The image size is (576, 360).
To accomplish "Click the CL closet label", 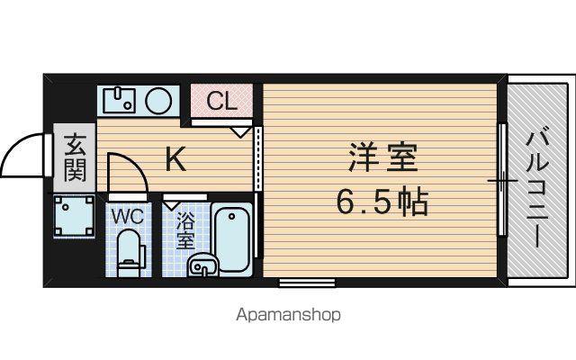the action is pos(221,101).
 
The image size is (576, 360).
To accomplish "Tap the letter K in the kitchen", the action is pos(175,158).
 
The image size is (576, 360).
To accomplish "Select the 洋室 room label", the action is pos(382,157).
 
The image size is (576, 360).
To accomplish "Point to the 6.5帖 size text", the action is pos(382,202).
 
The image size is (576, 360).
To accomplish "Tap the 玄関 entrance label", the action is pos(76,158).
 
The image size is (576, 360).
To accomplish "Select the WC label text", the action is pos(128,216).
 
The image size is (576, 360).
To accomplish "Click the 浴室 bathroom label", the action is pos(185,230).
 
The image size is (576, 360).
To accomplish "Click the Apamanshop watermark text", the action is pos(288,315).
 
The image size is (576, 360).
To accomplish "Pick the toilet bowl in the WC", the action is pos(129,254).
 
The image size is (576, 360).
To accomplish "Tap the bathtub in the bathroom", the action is pos(231,239).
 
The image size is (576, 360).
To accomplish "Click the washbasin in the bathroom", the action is pos(202,265).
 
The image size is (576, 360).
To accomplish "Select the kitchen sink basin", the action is pos(120,99).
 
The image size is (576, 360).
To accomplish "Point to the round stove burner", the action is pos(158,100).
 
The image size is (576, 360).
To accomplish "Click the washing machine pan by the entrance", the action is pos(74,216).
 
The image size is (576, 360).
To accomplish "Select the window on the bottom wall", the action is pos(307,283).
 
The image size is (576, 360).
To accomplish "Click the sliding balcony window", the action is pos(502,180).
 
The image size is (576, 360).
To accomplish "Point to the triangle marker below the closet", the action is pos(240,132).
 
